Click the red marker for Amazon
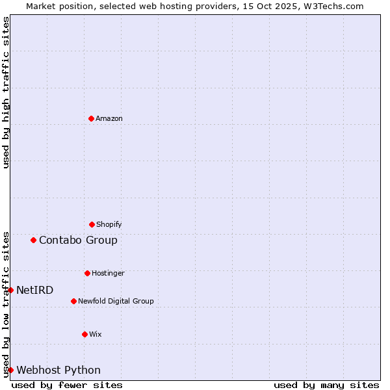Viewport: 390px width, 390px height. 91,118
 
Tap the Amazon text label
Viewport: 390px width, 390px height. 109,119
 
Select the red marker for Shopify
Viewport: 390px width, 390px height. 92,224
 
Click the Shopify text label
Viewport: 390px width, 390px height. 109,225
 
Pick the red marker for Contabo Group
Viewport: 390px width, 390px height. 33,240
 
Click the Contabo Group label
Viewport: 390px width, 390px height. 78,240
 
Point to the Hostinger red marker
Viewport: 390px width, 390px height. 87,273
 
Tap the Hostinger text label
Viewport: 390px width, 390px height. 108,274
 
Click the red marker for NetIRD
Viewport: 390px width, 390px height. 10,290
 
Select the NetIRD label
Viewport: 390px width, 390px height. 35,291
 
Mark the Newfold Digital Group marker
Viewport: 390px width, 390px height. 73,301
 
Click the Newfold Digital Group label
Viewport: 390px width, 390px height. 116,302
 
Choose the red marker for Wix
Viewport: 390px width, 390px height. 84,334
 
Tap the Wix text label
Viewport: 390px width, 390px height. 96,335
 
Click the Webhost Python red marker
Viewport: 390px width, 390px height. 10,370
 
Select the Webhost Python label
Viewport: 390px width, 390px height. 58,370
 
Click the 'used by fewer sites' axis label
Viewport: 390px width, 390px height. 67,385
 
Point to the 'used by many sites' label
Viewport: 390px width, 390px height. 326,385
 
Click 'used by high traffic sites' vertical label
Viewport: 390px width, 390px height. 6,92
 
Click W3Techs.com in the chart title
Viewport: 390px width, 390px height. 331,6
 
